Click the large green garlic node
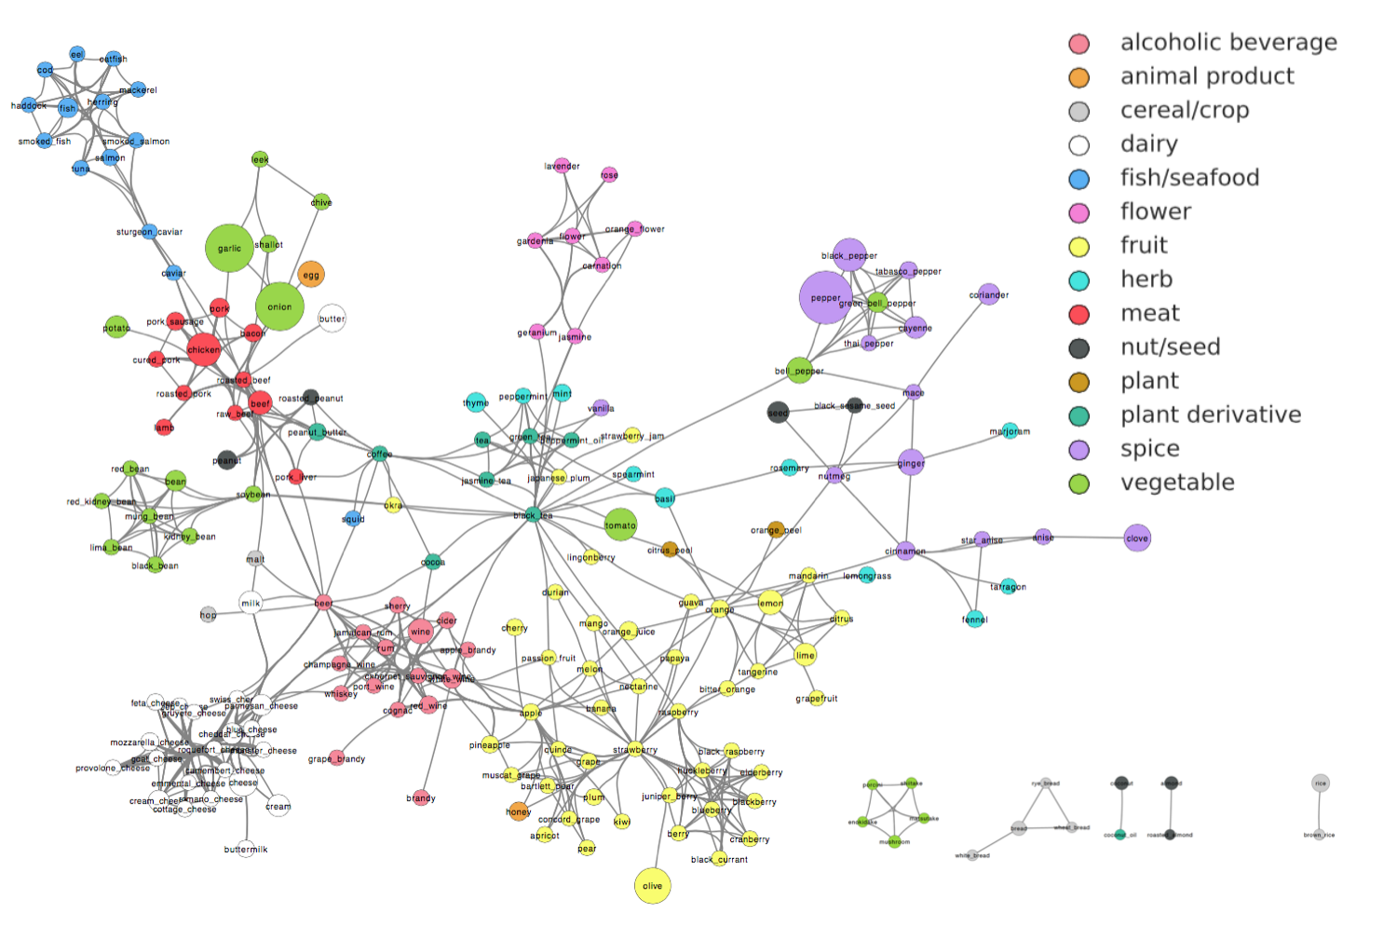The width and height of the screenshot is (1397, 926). coord(229,248)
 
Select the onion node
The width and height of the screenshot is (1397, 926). coord(279,306)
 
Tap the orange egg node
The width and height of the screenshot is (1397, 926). coord(311,274)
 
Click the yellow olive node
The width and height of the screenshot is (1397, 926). coord(652,885)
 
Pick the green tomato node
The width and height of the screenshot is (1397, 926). coord(620,524)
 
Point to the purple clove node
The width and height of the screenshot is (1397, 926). coord(1136,538)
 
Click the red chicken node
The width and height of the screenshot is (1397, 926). coord(203,349)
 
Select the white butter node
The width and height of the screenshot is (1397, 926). coord(332,319)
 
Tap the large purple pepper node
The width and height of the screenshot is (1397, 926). coord(825,298)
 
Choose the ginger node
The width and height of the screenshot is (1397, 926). coord(911,462)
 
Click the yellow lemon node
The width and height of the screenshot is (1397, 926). coord(770,603)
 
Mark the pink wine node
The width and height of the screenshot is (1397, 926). coord(421,631)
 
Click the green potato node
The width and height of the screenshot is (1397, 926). coord(116,327)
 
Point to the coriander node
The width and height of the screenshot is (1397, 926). coord(989,294)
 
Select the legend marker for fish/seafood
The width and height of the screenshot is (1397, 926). coord(1078,179)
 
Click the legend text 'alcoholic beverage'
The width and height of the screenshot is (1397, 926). coord(1227,43)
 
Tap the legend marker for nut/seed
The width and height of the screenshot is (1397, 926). coord(1078,348)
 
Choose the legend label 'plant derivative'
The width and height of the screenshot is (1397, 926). coord(1210,415)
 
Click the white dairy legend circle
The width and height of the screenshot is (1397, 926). coord(1078,145)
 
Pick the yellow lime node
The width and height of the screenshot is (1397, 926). coord(805,655)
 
